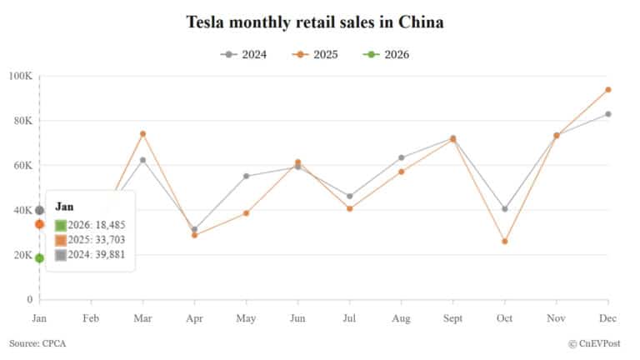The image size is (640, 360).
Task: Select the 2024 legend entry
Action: [244, 55]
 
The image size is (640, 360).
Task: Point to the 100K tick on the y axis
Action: [20, 76]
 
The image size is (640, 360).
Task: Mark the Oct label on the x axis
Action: [505, 318]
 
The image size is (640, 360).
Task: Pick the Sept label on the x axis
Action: [452, 318]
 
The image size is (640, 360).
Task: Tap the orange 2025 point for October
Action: [505, 242]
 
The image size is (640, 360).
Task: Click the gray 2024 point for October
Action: [505, 209]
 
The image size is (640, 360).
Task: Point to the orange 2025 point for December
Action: [608, 89]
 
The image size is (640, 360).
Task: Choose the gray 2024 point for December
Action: [608, 114]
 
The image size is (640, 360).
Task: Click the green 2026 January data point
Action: [39, 258]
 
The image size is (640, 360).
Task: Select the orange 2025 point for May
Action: [246, 213]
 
